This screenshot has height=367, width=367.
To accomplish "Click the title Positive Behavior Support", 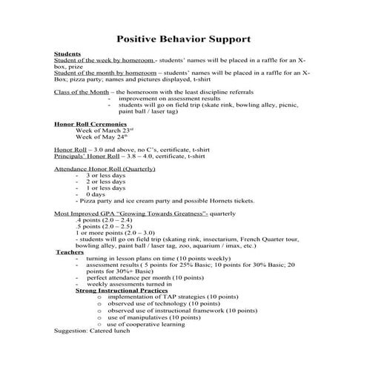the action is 183,38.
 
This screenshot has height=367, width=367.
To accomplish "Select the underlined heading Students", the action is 67,55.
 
